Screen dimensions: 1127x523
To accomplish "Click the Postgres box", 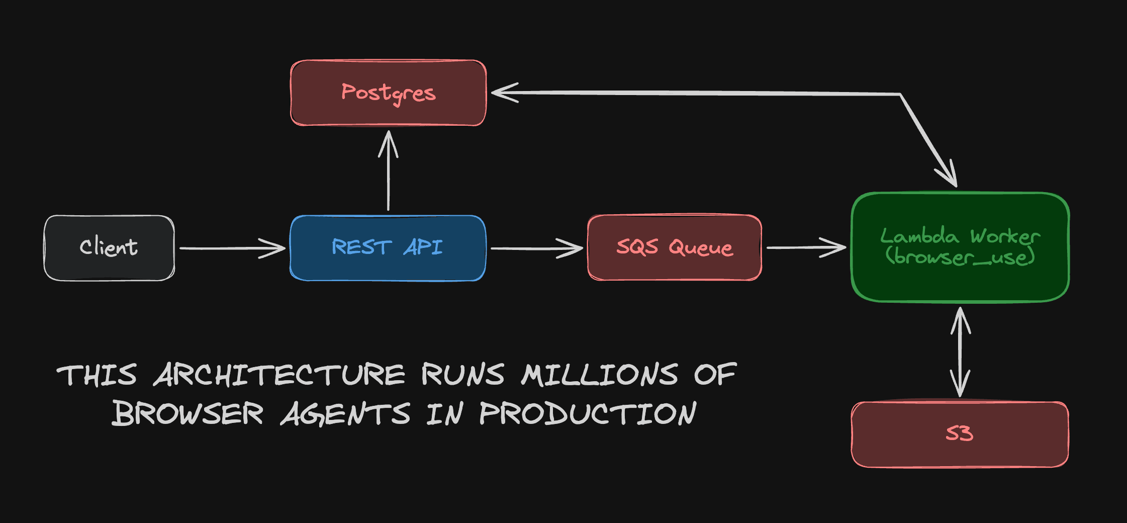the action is point(388,93).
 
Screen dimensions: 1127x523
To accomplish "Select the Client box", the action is point(109,248).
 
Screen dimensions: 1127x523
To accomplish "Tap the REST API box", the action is point(388,248).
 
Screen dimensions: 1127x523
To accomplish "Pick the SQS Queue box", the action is point(675,247).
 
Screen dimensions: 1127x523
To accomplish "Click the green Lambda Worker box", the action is point(960,247).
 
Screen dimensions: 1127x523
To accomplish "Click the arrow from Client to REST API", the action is point(232,248).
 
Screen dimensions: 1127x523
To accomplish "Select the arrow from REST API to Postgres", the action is point(388,170).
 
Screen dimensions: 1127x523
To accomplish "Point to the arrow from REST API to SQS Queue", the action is point(537,248).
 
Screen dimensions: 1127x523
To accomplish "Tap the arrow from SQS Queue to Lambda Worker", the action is point(806,247).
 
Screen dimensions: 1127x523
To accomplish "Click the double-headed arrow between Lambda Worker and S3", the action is point(960,352).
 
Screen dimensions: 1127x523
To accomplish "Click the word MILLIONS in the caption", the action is point(600,375).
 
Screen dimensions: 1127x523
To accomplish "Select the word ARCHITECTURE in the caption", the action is point(279,375).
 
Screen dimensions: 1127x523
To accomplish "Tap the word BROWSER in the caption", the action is point(187,413).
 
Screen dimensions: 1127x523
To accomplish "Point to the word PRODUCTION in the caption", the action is point(588,413).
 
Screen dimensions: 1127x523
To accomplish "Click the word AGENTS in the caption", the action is point(345,413).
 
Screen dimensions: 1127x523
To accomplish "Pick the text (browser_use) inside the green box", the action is point(960,257).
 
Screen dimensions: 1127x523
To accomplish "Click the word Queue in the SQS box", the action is point(701,247).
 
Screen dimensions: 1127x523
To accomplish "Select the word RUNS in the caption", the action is point(463,375).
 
